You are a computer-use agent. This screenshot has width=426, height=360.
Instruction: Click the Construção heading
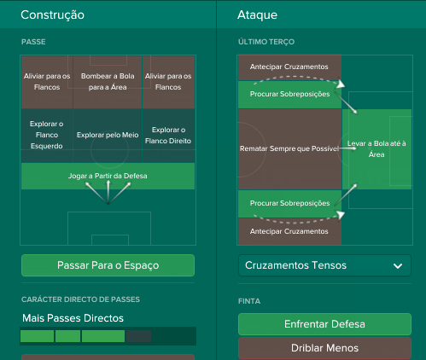pos(52,15)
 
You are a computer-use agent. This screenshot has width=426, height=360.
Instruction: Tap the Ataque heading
pos(257,15)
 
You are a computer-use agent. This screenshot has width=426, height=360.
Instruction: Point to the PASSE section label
pos(33,42)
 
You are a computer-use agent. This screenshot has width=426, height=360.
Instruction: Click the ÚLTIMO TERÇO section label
pos(266,42)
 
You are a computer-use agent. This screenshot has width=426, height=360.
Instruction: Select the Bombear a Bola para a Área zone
pos(108,82)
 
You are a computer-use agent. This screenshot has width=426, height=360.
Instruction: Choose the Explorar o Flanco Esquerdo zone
pos(47,135)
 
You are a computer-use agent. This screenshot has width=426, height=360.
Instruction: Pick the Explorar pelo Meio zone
pos(108,135)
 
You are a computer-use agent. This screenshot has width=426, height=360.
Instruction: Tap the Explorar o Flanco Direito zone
pos(168,135)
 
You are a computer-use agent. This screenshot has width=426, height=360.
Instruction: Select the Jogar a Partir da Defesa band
pos(108,176)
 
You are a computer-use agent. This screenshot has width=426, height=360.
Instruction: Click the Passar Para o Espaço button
pos(108,265)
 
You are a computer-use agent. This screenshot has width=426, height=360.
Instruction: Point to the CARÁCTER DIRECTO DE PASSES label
pos(80,299)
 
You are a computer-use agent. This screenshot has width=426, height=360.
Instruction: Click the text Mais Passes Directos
pos(73,318)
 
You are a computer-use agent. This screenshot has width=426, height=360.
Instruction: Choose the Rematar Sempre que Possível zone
pos(289,149)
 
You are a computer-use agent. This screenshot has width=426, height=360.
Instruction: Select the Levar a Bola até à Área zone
pos(376,149)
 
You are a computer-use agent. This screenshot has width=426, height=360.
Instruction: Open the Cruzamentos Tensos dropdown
pos(324,265)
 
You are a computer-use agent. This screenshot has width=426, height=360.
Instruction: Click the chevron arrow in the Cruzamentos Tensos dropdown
pos(398,266)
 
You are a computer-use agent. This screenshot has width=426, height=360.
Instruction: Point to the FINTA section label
pos(249,301)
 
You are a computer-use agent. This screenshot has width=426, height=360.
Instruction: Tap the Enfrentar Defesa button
pos(324,324)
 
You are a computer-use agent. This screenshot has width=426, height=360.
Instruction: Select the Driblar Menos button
pos(324,348)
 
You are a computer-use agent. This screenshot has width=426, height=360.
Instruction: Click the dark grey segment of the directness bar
pos(138,336)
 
